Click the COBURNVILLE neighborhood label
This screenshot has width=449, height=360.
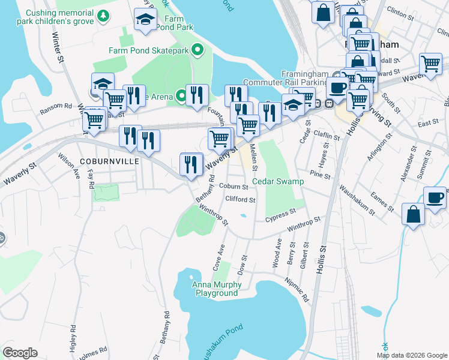point(108,161)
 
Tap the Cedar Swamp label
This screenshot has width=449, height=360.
point(278,181)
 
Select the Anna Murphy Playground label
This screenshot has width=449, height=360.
point(215,289)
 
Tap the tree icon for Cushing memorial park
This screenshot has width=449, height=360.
point(104,15)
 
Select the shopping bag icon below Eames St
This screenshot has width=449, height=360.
point(414,214)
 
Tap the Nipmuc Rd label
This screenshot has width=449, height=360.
point(297,289)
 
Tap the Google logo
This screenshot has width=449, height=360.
point(20,353)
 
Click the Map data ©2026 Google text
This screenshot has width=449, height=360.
point(411,355)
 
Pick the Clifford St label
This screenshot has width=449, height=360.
point(241,200)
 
